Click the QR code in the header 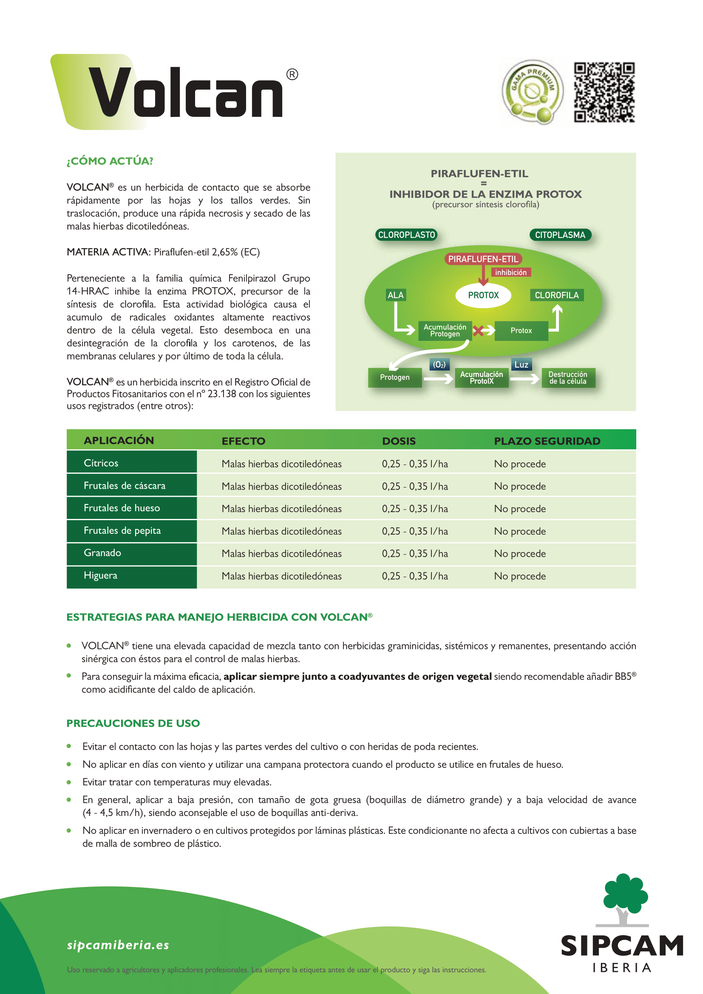604,92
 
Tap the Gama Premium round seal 533,92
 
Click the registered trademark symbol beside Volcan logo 292,75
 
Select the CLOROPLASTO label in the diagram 406,235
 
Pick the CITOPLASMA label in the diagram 560,235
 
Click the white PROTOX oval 483,295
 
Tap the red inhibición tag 511,272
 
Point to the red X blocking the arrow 478,331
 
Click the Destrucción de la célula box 568,377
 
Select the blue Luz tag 521,365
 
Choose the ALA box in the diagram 395,295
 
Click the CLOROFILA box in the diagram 557,295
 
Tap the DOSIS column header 399,441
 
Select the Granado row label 102,553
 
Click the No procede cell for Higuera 520,576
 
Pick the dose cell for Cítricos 415,464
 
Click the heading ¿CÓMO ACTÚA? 110,161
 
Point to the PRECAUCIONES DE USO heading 133,723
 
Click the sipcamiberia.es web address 118,945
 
